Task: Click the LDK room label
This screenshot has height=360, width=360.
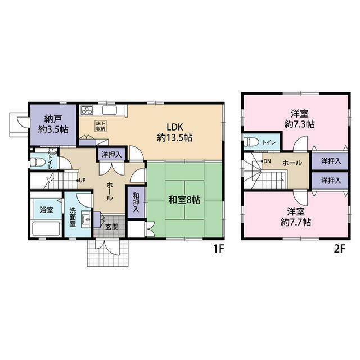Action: (175, 132)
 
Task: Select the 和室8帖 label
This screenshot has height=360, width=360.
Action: (184, 200)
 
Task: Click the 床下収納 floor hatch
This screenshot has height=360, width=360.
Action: (100, 126)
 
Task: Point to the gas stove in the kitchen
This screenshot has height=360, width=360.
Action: (87, 110)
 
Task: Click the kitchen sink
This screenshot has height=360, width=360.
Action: (110, 110)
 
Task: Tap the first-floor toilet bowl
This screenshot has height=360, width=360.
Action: (37, 163)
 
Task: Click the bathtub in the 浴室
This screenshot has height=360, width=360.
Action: (46, 228)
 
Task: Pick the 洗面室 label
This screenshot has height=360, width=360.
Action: (73, 217)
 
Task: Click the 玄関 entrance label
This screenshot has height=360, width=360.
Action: (112, 227)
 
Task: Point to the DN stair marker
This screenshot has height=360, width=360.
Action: (266, 161)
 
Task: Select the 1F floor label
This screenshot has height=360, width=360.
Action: (219, 249)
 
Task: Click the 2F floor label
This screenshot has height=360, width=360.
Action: (340, 249)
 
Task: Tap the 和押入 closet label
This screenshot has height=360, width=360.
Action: (136, 202)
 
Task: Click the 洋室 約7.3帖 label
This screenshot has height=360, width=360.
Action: (299, 119)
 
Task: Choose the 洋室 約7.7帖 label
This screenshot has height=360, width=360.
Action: (296, 217)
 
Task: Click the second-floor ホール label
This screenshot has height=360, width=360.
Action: (292, 163)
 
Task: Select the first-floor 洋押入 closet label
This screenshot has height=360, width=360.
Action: (111, 155)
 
